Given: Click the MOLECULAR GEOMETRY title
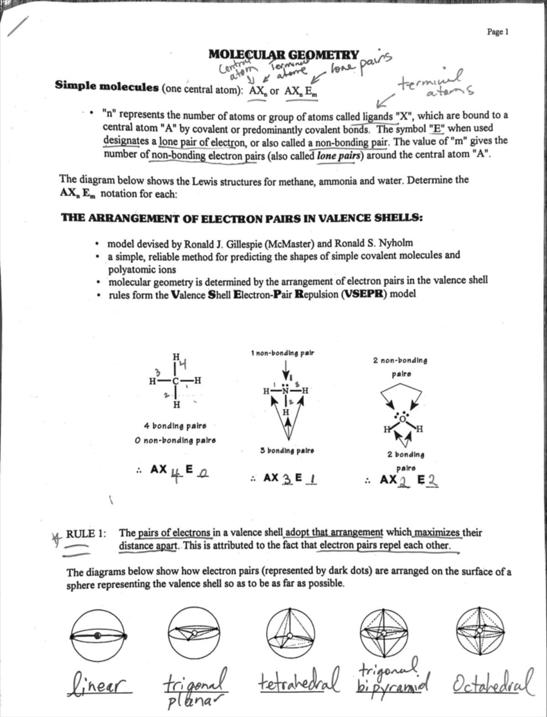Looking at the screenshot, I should [x=284, y=55].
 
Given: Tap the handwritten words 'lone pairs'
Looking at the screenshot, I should [x=360, y=65].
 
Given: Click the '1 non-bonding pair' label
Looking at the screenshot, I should [x=282, y=353].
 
